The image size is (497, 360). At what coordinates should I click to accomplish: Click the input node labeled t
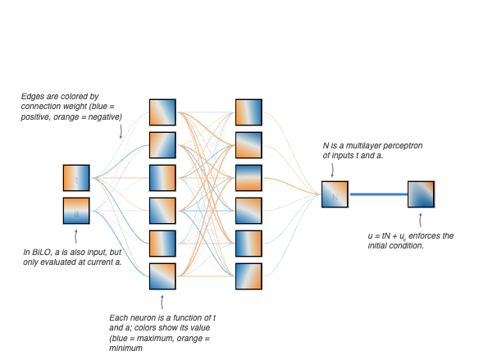coord(76,178)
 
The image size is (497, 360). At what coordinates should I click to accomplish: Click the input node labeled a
coord(76,211)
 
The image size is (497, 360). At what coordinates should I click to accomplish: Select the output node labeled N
coord(335,194)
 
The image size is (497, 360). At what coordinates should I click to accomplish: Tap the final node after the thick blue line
coord(421,194)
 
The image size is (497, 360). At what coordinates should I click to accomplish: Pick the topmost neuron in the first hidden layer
coord(162,112)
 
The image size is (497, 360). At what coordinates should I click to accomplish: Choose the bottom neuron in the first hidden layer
coord(162,276)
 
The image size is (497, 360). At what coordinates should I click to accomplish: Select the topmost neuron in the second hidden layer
coord(248,112)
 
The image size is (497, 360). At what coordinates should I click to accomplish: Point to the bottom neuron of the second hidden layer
coord(248,276)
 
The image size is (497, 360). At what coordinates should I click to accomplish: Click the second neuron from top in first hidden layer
coord(162,145)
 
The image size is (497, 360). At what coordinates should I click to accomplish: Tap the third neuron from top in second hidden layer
coord(248,178)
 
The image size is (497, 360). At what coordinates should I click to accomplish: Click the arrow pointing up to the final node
coord(421,220)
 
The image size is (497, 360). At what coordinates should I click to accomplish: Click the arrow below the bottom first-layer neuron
coord(162,302)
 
